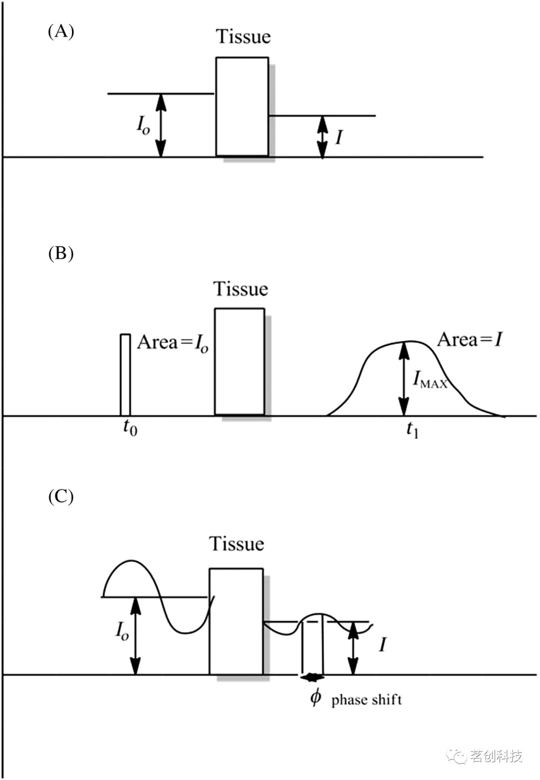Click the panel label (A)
coord(61,32)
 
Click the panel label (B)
coord(61,253)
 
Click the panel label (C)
coord(61,496)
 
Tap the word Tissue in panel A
coord(243,37)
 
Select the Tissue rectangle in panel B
coord(239,361)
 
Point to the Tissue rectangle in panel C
coord(236,621)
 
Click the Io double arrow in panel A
coord(160,125)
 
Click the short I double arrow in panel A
coord(322,137)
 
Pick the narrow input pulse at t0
coord(125,374)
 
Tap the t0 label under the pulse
coord(130,428)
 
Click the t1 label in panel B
coord(412,429)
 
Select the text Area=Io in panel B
coord(172,343)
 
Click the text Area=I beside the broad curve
coord(469,340)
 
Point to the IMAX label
coord(429,380)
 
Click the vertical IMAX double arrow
coord(403,378)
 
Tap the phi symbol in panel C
coord(315,696)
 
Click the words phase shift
coord(366,699)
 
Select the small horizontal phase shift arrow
coord(312,678)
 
